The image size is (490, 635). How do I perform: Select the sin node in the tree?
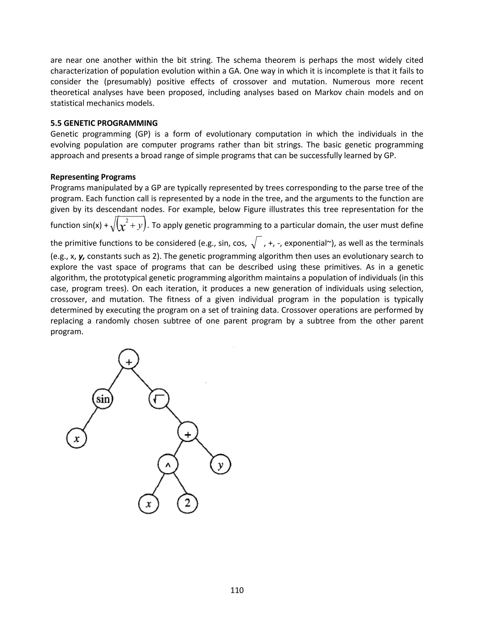(103, 399)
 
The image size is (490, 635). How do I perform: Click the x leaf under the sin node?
(76, 439)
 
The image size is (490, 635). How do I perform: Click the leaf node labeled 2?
(188, 503)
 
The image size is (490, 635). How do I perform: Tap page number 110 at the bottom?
(237, 590)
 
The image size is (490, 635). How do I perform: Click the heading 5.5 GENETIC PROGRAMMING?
(104, 123)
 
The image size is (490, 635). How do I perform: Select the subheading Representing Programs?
(93, 177)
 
